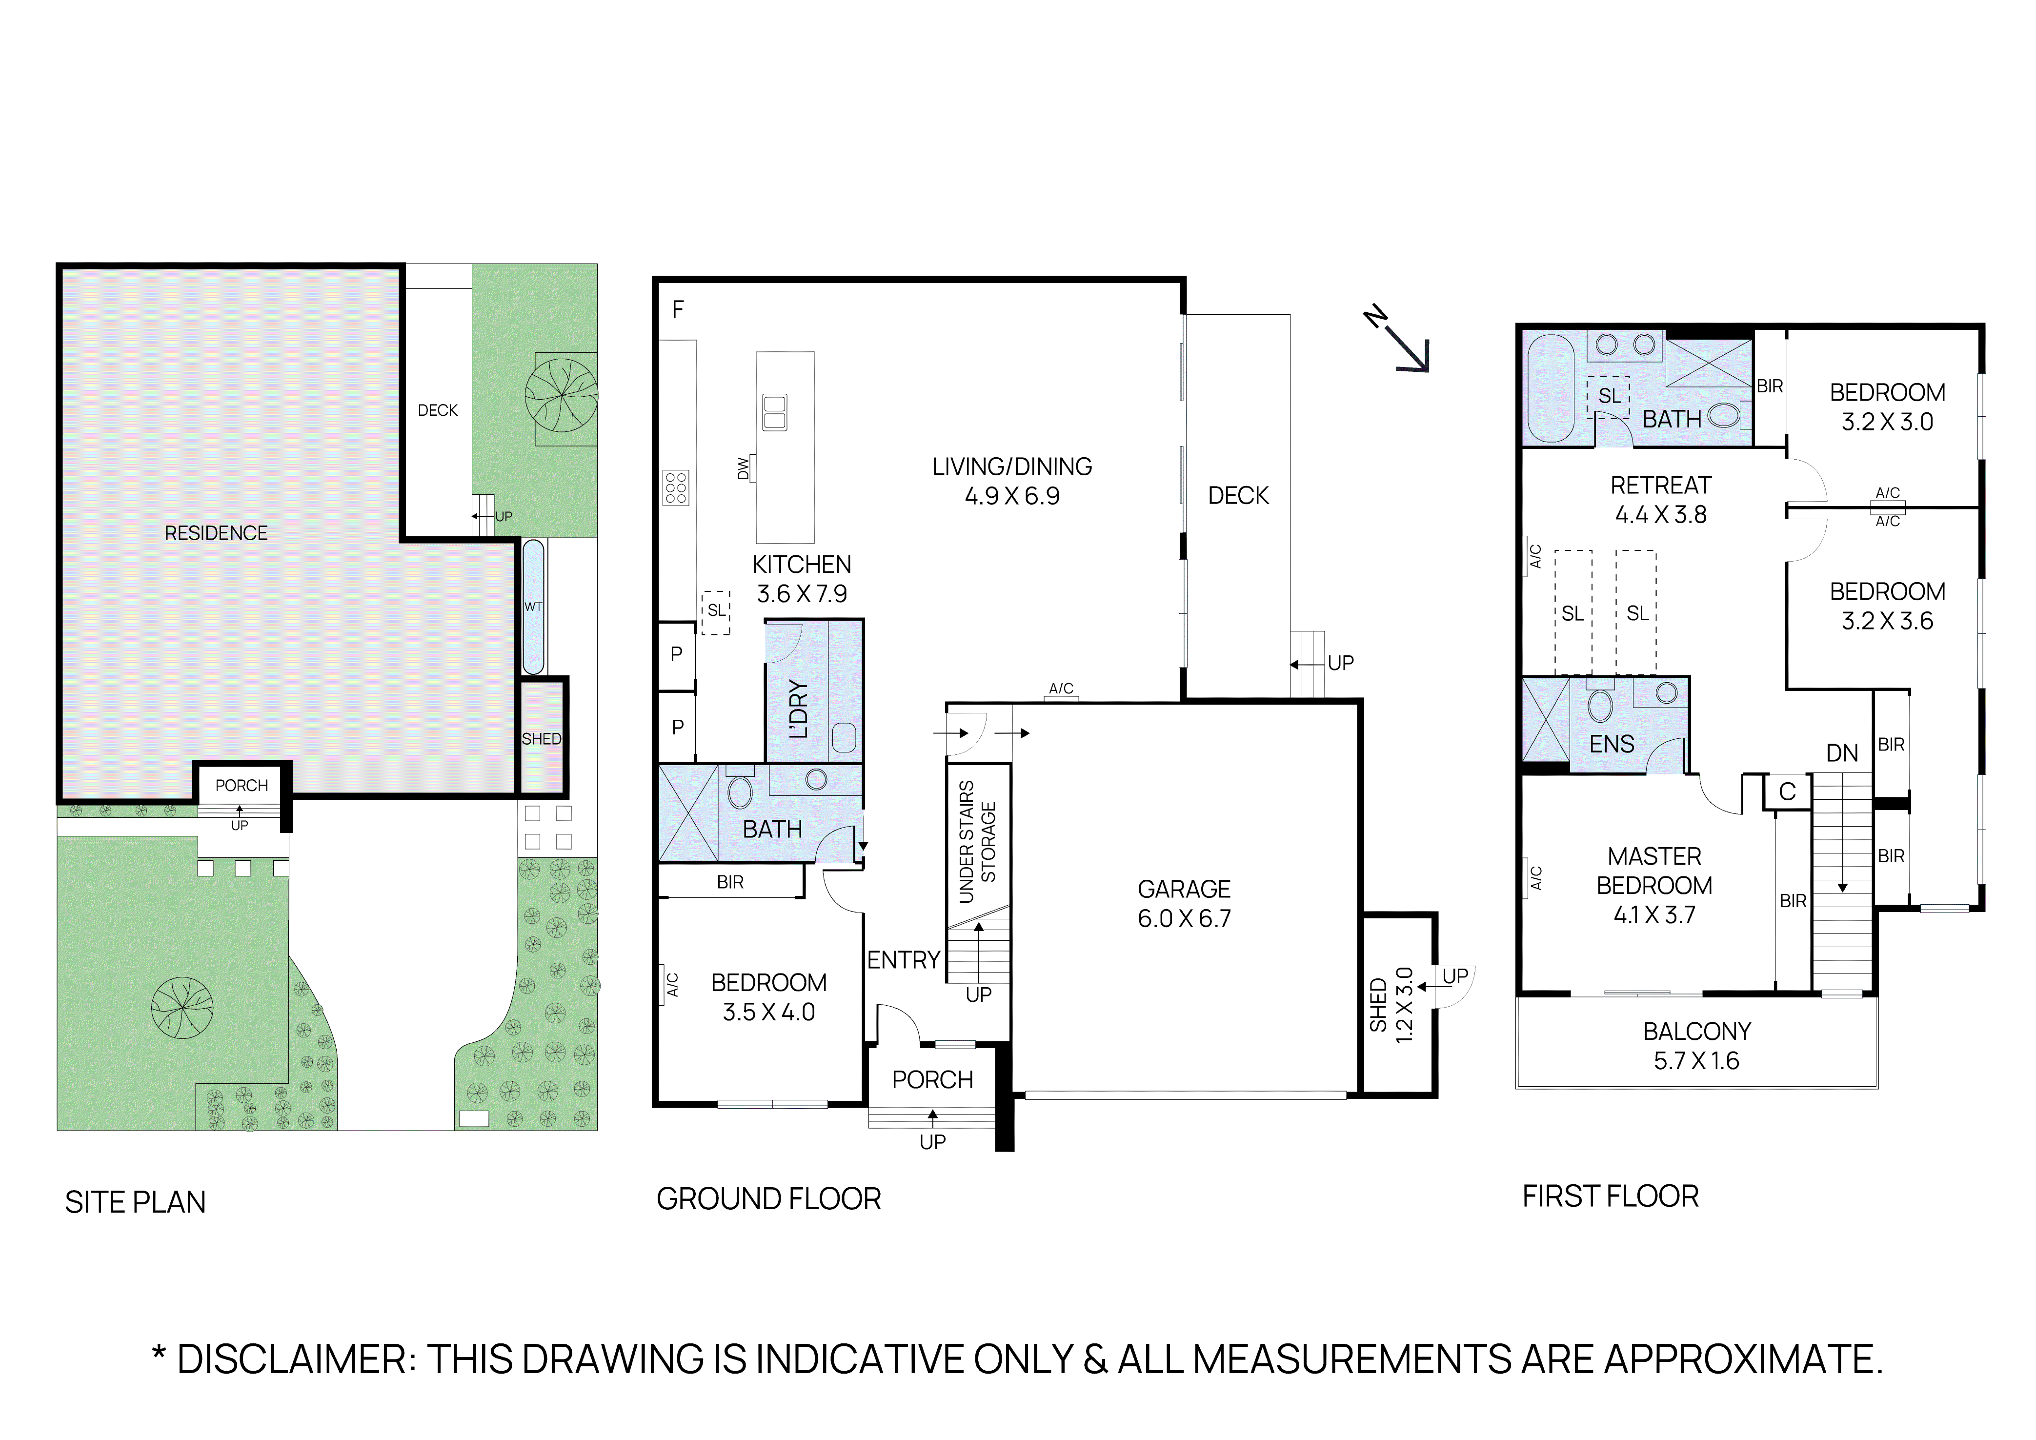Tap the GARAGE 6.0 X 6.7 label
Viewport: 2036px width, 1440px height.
pos(1184,904)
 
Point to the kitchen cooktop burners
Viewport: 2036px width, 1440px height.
pos(676,487)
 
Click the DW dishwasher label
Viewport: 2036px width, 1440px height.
pos(743,468)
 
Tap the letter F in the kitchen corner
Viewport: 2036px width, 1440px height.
pos(678,309)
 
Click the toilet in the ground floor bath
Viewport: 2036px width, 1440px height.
pos(740,792)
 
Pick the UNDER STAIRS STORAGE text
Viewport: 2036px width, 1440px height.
pos(977,841)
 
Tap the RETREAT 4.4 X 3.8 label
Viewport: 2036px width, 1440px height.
pos(1660,499)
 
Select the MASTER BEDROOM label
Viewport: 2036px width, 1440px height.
pos(1654,871)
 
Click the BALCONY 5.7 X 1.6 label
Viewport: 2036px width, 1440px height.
pos(1696,1045)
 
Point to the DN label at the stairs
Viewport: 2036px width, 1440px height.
pos(1842,753)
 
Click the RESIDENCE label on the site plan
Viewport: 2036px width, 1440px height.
pos(216,533)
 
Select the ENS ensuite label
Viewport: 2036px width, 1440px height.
pos(1611,744)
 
